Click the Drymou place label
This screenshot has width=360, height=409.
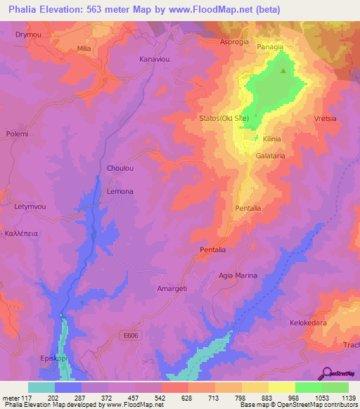[x=26, y=34]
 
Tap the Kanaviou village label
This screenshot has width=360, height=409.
[x=155, y=59]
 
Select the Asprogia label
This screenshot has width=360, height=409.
[x=235, y=41]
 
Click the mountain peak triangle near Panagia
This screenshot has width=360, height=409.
[x=284, y=70]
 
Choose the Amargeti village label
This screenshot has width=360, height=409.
[x=172, y=289]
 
